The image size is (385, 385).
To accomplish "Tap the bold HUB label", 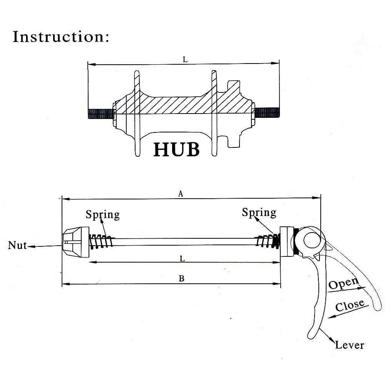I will point(176,149).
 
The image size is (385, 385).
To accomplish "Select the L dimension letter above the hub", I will point(185,60).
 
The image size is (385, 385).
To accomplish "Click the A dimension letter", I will point(181,194).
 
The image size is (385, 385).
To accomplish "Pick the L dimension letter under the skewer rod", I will point(182,259).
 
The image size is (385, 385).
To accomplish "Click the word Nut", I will point(17,245).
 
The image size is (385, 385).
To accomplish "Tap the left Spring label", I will point(102,214).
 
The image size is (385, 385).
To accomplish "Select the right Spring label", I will point(259,212).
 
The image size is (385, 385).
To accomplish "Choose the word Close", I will point(350,306).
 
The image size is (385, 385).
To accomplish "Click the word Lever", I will point(349,345).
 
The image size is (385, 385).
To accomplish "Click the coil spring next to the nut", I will point(101,241).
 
